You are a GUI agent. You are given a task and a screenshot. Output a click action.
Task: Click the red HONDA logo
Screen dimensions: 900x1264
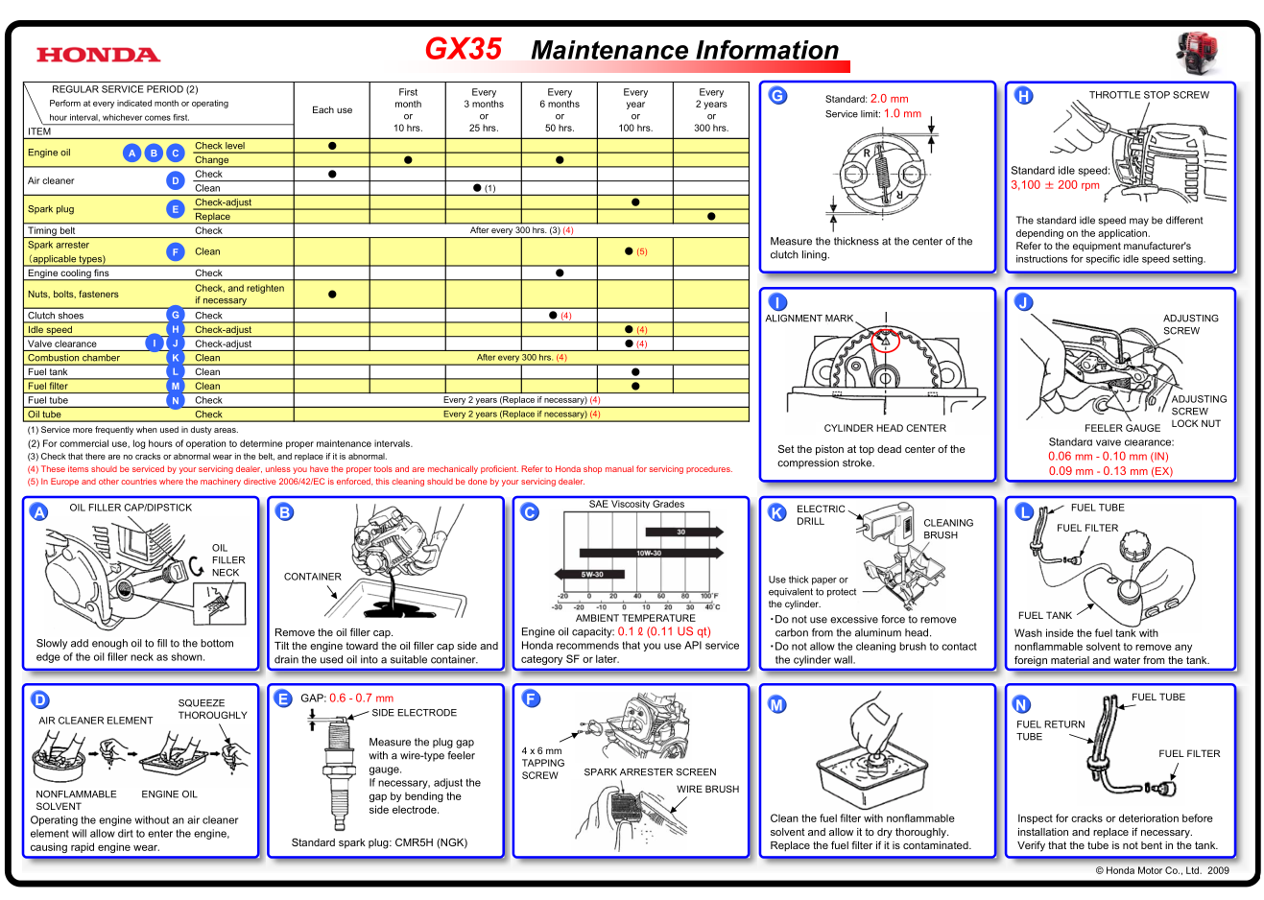(98, 55)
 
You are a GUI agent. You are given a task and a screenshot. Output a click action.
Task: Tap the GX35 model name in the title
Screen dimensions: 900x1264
(463, 49)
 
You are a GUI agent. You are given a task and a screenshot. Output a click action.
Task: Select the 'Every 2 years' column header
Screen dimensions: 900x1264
(711, 109)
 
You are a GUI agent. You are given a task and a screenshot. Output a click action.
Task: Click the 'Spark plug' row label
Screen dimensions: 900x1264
(51, 209)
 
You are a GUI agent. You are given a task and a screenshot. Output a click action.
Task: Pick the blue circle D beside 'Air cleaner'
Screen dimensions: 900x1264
(175, 180)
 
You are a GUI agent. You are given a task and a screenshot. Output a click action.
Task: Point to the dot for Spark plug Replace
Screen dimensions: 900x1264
(711, 217)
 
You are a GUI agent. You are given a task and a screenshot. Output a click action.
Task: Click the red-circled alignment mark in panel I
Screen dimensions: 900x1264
(885, 339)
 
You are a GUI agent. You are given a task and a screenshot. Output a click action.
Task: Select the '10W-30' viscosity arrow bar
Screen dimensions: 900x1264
(650, 553)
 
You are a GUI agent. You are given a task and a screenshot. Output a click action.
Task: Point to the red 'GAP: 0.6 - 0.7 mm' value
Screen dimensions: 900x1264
(347, 699)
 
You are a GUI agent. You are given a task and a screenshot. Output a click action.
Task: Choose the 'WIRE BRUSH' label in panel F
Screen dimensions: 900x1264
(707, 790)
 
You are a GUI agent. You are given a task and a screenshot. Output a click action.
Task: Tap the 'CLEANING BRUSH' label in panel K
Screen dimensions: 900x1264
(947, 529)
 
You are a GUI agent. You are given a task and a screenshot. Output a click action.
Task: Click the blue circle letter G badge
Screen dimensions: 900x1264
(777, 96)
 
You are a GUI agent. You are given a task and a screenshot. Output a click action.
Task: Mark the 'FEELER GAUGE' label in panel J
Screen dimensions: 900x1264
(1122, 428)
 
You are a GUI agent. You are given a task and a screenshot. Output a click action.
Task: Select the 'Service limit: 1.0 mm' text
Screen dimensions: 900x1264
(872, 114)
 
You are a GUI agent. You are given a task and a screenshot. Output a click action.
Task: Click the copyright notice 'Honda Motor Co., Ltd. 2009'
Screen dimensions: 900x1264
(1161, 871)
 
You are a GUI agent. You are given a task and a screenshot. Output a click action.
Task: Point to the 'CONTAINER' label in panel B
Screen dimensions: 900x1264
(312, 577)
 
